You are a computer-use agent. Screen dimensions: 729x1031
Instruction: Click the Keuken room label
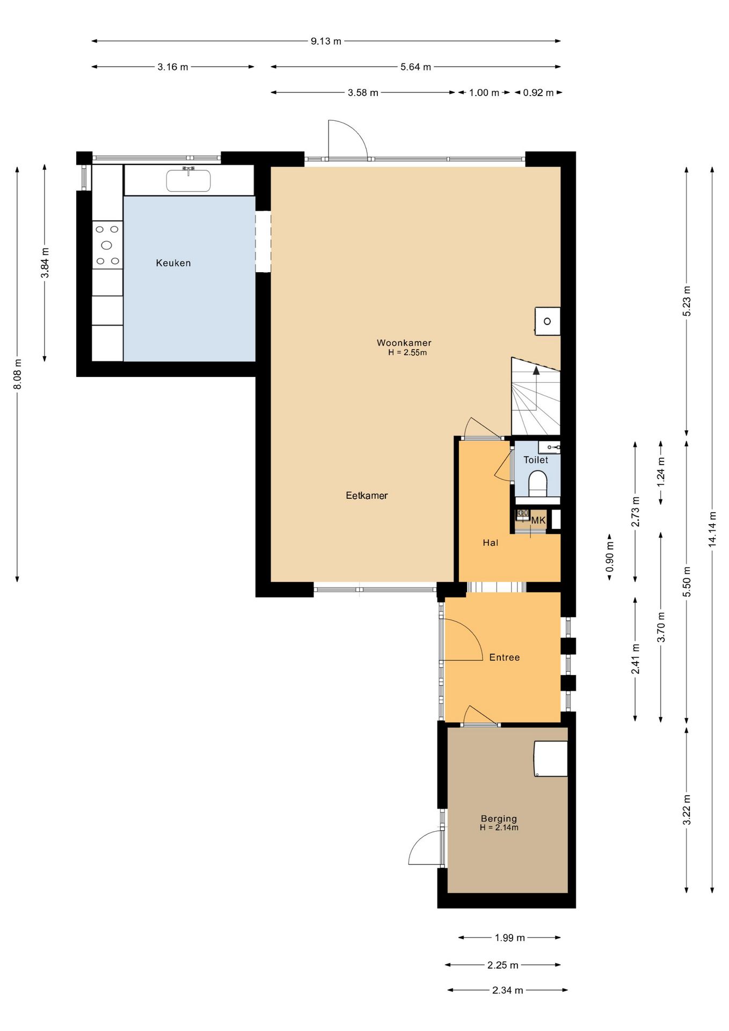point(173,263)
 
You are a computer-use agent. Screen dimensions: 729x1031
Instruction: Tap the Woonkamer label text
point(404,343)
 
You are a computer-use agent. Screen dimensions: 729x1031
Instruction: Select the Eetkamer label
point(367,496)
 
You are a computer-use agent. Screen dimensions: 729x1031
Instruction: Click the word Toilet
point(536,460)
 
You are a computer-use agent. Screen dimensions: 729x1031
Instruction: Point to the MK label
point(538,520)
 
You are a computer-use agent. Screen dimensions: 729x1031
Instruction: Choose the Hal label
point(490,543)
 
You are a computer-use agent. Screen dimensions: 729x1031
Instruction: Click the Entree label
point(505,657)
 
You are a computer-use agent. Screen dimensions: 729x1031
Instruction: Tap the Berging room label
point(499,819)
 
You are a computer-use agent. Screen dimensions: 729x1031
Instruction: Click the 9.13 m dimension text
point(326,41)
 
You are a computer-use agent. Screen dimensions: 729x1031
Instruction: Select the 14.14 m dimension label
point(712,529)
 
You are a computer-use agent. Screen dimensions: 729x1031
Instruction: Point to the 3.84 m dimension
point(45,263)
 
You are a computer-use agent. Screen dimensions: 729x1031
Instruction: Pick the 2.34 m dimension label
point(507,990)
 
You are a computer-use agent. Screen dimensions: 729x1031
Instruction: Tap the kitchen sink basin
point(188,181)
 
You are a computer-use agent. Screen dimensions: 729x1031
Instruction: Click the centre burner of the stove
point(107,245)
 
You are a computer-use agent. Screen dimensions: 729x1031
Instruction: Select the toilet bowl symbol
point(537,482)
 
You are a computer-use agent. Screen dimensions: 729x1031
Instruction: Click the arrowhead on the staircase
point(536,370)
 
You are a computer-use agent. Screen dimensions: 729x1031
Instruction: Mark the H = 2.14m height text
point(499,827)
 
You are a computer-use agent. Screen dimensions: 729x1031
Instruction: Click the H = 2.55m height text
point(407,353)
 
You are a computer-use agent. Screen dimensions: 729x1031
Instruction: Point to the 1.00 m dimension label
point(484,93)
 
